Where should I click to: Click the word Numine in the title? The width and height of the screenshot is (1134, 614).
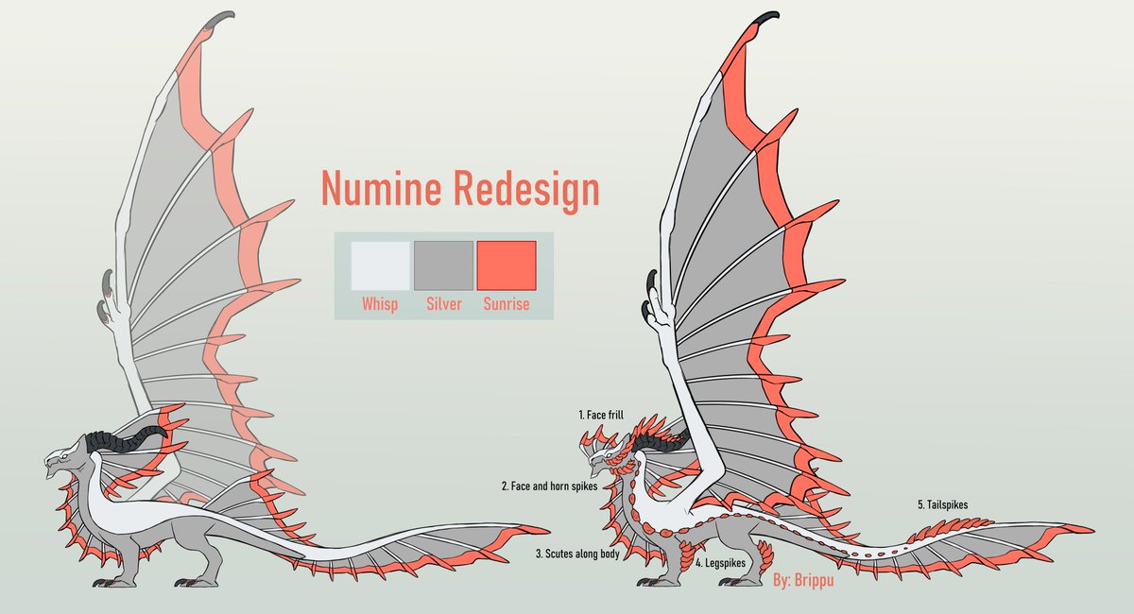pos(381,188)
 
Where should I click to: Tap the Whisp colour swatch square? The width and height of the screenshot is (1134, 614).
pos(380,265)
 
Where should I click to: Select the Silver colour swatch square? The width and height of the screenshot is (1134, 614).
pos(443,265)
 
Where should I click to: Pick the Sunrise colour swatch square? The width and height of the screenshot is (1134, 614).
pos(507,265)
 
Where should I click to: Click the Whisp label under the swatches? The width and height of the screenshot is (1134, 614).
pos(380,305)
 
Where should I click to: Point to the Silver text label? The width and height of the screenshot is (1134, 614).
pos(444,304)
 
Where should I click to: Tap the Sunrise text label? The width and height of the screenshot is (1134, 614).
pos(507,304)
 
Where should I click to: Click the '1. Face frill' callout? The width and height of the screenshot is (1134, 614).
pos(601,415)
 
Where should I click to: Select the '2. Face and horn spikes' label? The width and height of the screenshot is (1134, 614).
pos(549,486)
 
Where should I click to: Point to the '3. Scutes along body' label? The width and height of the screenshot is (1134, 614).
pos(577,554)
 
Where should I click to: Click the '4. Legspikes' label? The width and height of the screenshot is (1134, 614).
pos(720,563)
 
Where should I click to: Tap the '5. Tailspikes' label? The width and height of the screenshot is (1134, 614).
pos(943,504)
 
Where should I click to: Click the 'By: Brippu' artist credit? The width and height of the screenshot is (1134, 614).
pos(803,580)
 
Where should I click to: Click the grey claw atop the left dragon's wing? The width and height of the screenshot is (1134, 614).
pos(221,18)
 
